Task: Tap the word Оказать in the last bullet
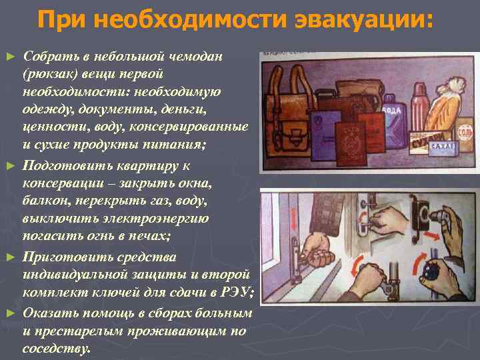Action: (47, 313)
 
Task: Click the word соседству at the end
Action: (56, 348)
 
